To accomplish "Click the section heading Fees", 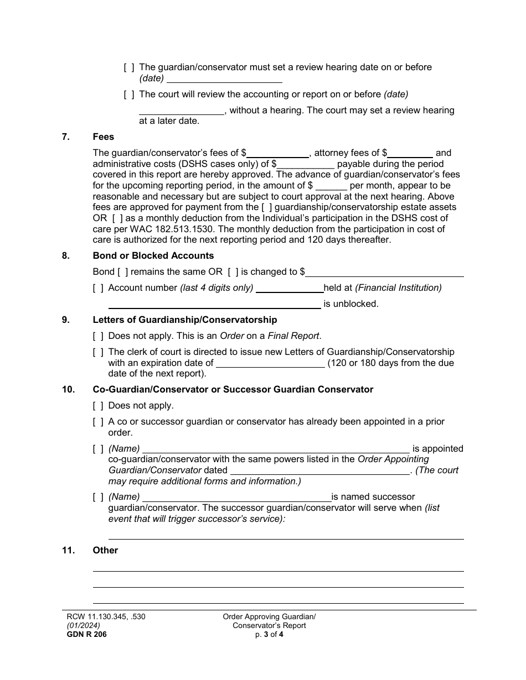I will (104, 137).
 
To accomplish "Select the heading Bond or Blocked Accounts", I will (153, 255).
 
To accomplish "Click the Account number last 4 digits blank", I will (290, 288).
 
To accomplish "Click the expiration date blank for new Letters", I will (270, 363).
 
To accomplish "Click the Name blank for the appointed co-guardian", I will (276, 449).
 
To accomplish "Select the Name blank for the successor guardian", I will (236, 497).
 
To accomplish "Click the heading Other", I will (105, 550).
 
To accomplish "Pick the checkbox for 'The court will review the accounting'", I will (129, 94).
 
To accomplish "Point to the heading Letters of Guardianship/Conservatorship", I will (185, 320).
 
